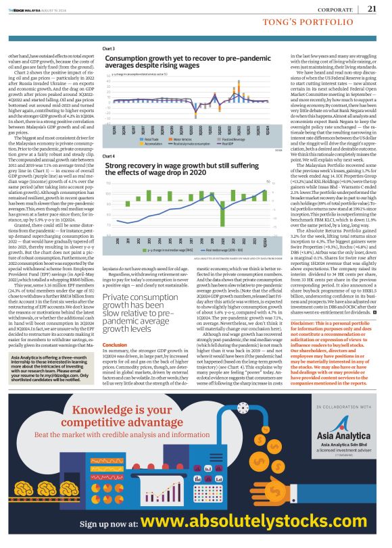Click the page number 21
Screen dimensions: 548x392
(372, 9)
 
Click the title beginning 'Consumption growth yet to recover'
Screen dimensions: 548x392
(182, 62)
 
